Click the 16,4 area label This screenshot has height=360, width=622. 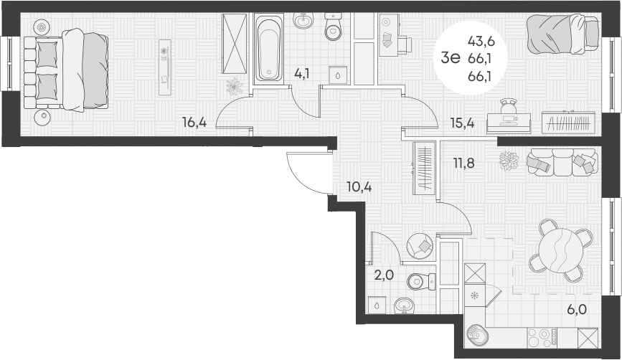194,123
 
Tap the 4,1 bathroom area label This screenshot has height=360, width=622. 302,72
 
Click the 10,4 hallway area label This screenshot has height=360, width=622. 359,188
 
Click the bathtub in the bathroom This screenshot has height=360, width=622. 270,49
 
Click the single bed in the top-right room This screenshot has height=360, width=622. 562,32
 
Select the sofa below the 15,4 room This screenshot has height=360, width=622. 562,161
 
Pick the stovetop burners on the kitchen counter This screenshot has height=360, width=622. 548,336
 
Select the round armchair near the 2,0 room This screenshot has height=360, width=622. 420,247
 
